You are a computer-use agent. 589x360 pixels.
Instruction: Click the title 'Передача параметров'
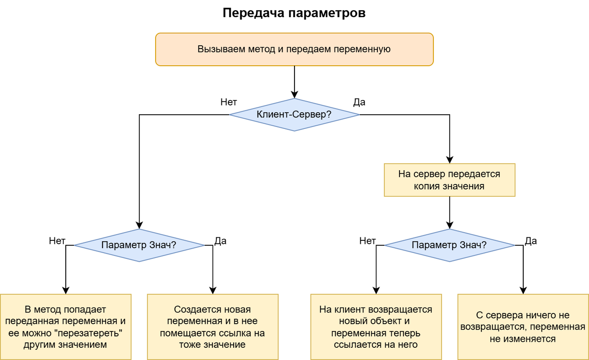[x=294, y=13]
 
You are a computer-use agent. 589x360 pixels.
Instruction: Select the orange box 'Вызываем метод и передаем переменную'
[x=294, y=49]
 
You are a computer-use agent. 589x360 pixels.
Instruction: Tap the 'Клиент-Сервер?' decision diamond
[x=294, y=115]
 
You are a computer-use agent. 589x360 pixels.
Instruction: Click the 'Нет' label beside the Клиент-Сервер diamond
[x=229, y=103]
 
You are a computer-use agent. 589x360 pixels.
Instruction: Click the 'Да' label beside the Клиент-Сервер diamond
[x=359, y=103]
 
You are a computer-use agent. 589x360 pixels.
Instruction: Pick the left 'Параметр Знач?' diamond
[x=139, y=245]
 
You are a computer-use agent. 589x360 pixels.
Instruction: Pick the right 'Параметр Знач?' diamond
[x=450, y=245]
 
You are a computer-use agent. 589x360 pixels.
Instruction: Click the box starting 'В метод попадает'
[x=66, y=327]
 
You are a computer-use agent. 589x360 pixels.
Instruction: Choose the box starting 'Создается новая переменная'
[x=213, y=327]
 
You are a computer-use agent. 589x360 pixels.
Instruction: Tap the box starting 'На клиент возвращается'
[x=376, y=327]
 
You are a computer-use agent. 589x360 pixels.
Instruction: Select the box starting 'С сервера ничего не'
[x=523, y=327]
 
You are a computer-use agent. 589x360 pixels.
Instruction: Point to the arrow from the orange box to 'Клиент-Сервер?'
[x=294, y=81]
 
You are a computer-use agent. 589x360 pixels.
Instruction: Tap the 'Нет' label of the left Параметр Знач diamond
[x=57, y=241]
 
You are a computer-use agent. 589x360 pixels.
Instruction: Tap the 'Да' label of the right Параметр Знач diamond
[x=531, y=241]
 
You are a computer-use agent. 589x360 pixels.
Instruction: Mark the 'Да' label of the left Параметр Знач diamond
[x=220, y=241]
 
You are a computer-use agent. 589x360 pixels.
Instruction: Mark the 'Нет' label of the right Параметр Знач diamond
[x=368, y=241]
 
